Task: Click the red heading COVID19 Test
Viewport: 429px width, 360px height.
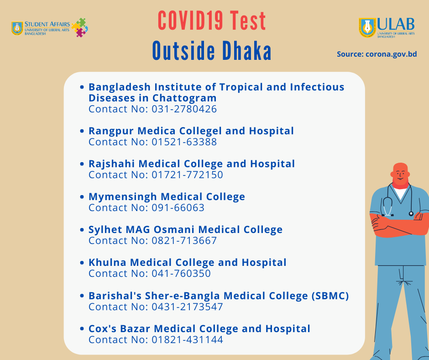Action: [212, 21]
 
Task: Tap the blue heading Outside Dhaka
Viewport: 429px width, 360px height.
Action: [212, 51]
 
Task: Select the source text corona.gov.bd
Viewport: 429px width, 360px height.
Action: [391, 54]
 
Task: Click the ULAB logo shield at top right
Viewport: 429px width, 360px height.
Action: [367, 27]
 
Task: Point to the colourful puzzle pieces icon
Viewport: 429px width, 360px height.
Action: [79, 27]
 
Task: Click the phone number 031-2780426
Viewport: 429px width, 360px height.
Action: [184, 109]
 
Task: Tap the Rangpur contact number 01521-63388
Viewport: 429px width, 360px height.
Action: [184, 142]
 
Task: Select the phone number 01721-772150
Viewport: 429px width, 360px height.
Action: [188, 175]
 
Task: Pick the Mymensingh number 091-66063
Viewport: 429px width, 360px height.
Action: [178, 208]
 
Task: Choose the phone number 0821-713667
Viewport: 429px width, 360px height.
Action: [184, 241]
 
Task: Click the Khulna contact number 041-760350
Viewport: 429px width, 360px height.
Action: [181, 273]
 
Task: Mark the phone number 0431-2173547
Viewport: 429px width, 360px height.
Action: [188, 307]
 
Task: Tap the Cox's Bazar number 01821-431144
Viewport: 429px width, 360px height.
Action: [188, 340]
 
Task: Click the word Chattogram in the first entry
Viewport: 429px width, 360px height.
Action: [184, 98]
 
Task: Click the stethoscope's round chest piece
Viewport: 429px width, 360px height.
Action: [411, 214]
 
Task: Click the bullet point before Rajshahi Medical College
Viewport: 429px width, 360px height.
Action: [82, 164]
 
